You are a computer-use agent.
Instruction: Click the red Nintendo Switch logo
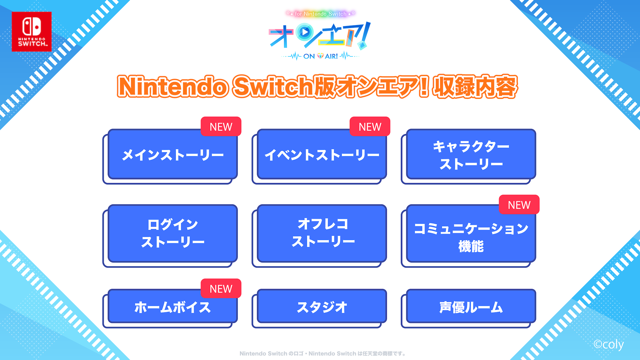click(32, 32)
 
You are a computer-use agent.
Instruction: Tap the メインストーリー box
click(172, 155)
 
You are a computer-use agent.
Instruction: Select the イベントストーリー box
click(322, 155)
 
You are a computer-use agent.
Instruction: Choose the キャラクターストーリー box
click(471, 155)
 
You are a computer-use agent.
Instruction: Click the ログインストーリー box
click(172, 233)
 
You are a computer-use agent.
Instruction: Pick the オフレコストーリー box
click(322, 233)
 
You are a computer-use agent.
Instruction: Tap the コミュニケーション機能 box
click(471, 237)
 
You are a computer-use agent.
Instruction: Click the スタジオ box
click(322, 307)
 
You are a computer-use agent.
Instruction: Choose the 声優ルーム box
click(471, 307)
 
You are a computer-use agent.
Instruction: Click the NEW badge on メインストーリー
click(221, 127)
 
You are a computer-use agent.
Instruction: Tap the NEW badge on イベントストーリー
click(370, 127)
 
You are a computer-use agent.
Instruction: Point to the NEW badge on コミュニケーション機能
click(519, 205)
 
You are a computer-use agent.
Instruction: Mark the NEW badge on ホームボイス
click(221, 289)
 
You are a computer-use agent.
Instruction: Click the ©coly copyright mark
click(608, 344)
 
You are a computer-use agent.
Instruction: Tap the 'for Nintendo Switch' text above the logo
click(320, 14)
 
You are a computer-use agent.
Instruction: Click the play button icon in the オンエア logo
click(305, 32)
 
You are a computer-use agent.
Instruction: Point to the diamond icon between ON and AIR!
click(320, 56)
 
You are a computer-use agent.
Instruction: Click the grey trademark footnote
click(323, 354)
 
